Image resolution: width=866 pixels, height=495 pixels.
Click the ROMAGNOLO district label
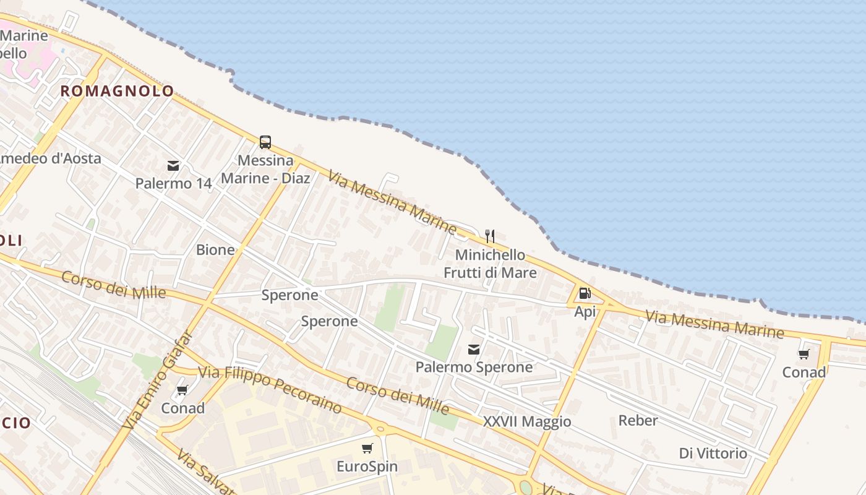pyautogui.click(x=117, y=91)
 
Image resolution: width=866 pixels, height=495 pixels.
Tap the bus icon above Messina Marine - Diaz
pyautogui.click(x=265, y=142)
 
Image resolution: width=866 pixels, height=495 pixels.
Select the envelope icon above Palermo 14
pyautogui.click(x=173, y=166)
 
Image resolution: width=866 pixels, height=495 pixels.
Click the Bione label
pyautogui.click(x=215, y=250)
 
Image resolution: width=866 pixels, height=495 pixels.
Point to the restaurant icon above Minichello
pyautogui.click(x=490, y=236)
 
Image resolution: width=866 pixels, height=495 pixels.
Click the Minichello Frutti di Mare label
pyautogui.click(x=490, y=264)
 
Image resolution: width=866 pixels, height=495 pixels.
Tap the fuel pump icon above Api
pyautogui.click(x=585, y=293)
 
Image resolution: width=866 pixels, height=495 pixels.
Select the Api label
pyautogui.click(x=585, y=311)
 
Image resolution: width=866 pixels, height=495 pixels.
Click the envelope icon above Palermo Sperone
pyautogui.click(x=474, y=350)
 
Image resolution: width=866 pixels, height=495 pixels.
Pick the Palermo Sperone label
pyautogui.click(x=474, y=367)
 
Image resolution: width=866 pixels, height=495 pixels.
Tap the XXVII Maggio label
pyautogui.click(x=527, y=422)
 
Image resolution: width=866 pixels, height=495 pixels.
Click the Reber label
pyautogui.click(x=638, y=421)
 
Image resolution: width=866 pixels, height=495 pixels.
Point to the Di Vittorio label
pyautogui.click(x=713, y=454)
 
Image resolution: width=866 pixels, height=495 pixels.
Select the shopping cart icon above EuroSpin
pyautogui.click(x=367, y=448)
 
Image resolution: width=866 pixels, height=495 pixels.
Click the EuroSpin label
pyautogui.click(x=367, y=466)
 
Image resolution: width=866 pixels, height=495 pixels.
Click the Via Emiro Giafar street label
pyautogui.click(x=158, y=382)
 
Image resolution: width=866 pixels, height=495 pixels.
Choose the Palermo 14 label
pyautogui.click(x=173, y=184)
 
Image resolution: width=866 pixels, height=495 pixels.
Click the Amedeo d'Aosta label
pyautogui.click(x=49, y=158)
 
